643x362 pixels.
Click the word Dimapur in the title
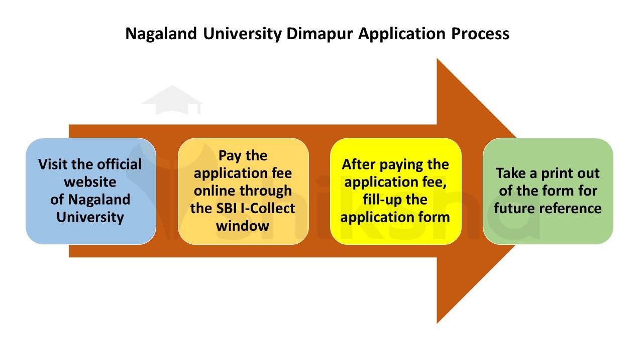[321, 34]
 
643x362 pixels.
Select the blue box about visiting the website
[90, 191]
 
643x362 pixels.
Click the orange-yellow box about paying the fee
[243, 191]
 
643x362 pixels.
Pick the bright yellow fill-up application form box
[395, 191]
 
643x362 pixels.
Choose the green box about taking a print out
[548, 191]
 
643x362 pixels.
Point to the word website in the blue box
[90, 182]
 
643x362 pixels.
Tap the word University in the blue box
[90, 217]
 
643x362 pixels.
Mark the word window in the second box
[243, 226]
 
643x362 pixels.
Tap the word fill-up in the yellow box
[382, 199]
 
